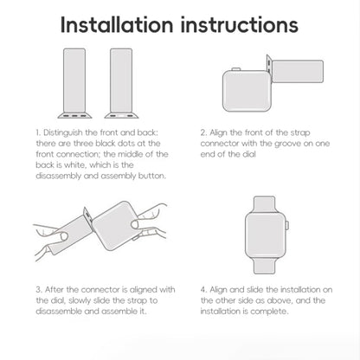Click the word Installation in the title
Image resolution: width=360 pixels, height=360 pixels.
(x=117, y=25)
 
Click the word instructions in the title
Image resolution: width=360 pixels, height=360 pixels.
(x=240, y=25)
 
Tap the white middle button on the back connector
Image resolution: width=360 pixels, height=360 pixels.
(x=121, y=116)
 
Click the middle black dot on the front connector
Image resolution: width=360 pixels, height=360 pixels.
(x=74, y=116)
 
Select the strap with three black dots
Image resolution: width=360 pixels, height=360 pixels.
(x=74, y=83)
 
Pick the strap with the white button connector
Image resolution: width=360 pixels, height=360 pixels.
(x=121, y=83)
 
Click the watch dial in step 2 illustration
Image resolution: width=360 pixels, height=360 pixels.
(x=247, y=91)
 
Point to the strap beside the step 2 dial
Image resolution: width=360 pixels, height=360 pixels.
(x=298, y=71)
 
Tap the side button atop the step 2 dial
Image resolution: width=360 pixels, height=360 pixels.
(x=236, y=69)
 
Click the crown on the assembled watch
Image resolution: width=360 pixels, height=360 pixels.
(x=287, y=225)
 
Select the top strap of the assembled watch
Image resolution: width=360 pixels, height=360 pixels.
(x=264, y=204)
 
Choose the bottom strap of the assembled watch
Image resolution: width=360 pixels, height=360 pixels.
(x=264, y=266)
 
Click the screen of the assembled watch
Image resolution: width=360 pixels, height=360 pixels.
(x=265, y=235)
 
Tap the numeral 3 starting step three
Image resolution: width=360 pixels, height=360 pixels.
(x=39, y=290)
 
